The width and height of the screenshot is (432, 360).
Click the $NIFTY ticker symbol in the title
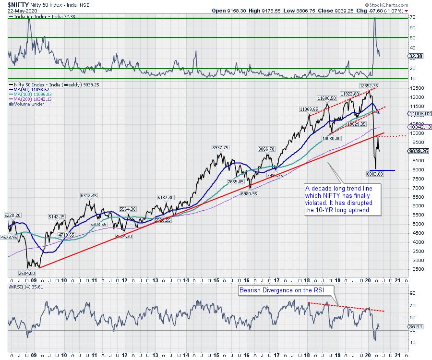[15, 4]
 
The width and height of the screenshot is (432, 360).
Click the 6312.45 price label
[88, 195]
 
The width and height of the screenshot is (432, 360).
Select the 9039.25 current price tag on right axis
[418, 151]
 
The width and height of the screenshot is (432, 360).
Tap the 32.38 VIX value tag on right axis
[415, 56]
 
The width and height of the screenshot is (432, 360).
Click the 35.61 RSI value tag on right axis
[415, 326]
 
